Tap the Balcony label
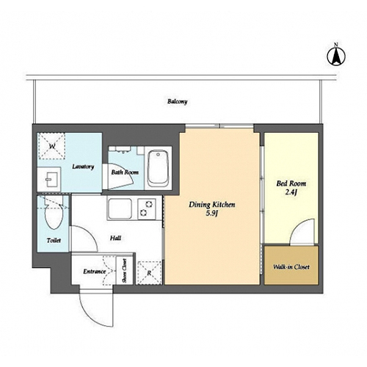click(x=178, y=101)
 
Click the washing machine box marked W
click(x=51, y=146)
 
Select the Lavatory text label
click(x=83, y=167)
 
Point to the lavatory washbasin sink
click(x=49, y=179)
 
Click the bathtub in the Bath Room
click(x=159, y=169)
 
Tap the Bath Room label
click(x=125, y=172)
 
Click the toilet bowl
click(x=54, y=214)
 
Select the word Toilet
click(x=54, y=241)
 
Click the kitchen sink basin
click(x=120, y=209)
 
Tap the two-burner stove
click(x=147, y=209)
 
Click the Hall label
click(x=115, y=238)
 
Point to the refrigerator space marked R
click(x=149, y=273)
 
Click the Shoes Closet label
click(x=124, y=271)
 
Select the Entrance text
click(x=95, y=272)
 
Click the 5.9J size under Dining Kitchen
click(x=212, y=214)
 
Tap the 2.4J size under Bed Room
click(x=291, y=192)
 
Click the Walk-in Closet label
click(x=291, y=267)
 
